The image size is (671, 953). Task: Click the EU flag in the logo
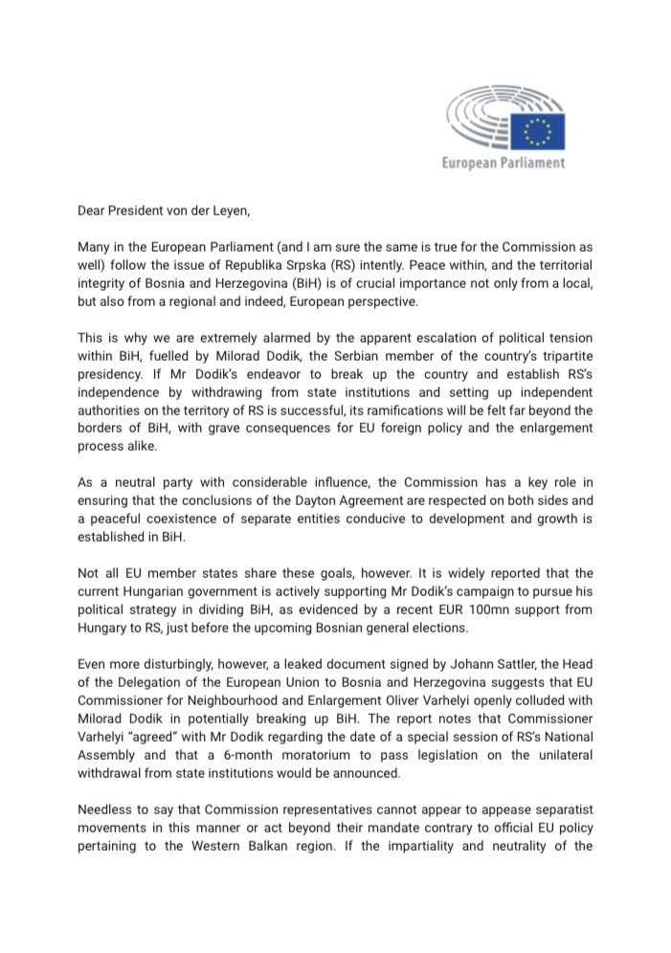537,131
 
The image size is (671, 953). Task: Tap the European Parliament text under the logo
503,163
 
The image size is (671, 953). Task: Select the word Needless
107,810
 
